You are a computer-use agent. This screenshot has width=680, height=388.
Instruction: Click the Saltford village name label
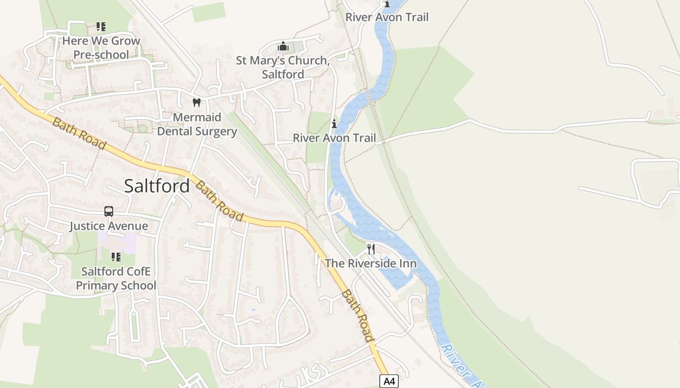(x=157, y=186)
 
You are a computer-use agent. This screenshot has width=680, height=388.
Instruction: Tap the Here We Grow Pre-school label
(x=101, y=48)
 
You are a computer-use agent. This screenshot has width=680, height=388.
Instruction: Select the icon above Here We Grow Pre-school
(x=101, y=27)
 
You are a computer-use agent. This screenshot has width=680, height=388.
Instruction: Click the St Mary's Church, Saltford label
(x=283, y=67)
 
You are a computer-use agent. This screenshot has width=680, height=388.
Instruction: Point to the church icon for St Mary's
(x=283, y=47)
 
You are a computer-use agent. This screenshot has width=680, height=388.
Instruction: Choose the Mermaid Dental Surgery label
(x=197, y=124)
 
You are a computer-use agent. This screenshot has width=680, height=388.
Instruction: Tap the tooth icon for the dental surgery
(x=197, y=102)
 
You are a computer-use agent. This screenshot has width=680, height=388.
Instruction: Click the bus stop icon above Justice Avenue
(x=109, y=211)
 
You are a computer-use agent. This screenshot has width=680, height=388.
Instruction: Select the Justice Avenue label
(x=109, y=226)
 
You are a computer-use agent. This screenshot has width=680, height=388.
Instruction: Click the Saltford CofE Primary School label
(x=116, y=278)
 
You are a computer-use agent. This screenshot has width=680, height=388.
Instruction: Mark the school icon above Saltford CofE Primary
(x=116, y=257)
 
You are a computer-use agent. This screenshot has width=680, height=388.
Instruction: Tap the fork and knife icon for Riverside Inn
(x=371, y=249)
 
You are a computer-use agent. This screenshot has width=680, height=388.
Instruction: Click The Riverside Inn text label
(x=371, y=263)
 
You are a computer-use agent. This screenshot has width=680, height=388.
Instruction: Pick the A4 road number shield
(x=389, y=381)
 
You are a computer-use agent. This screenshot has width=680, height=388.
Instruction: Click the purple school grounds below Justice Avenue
(x=117, y=242)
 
